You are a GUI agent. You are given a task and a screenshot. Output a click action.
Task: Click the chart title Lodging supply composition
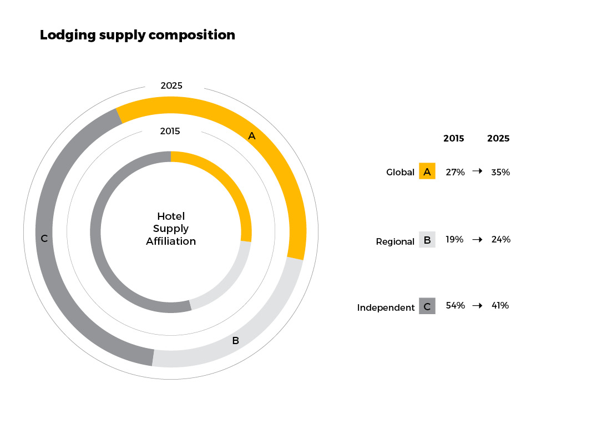pos(138,35)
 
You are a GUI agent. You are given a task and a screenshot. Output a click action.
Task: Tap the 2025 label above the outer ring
pos(171,85)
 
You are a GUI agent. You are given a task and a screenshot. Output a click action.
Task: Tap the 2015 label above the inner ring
pos(170,132)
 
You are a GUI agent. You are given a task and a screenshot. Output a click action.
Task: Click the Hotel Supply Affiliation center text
pos(171,229)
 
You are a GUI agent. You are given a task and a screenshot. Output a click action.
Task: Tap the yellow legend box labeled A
pos(427,171)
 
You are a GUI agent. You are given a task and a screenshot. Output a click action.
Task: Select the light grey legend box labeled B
pos(427,240)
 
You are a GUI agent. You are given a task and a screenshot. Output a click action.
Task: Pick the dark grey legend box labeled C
pos(427,306)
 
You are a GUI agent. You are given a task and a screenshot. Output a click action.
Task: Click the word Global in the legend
pos(400,172)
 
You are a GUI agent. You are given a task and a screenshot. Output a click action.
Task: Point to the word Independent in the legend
pos(386,307)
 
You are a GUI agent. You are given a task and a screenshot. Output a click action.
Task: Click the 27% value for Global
pos(455,172)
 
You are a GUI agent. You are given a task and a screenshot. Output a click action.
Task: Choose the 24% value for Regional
pos(500,240)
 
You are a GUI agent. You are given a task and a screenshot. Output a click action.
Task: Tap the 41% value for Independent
pos(500,305)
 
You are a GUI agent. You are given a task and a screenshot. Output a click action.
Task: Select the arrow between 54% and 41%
pos(477,305)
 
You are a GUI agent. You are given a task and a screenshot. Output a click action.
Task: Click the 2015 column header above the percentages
pos(454,139)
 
